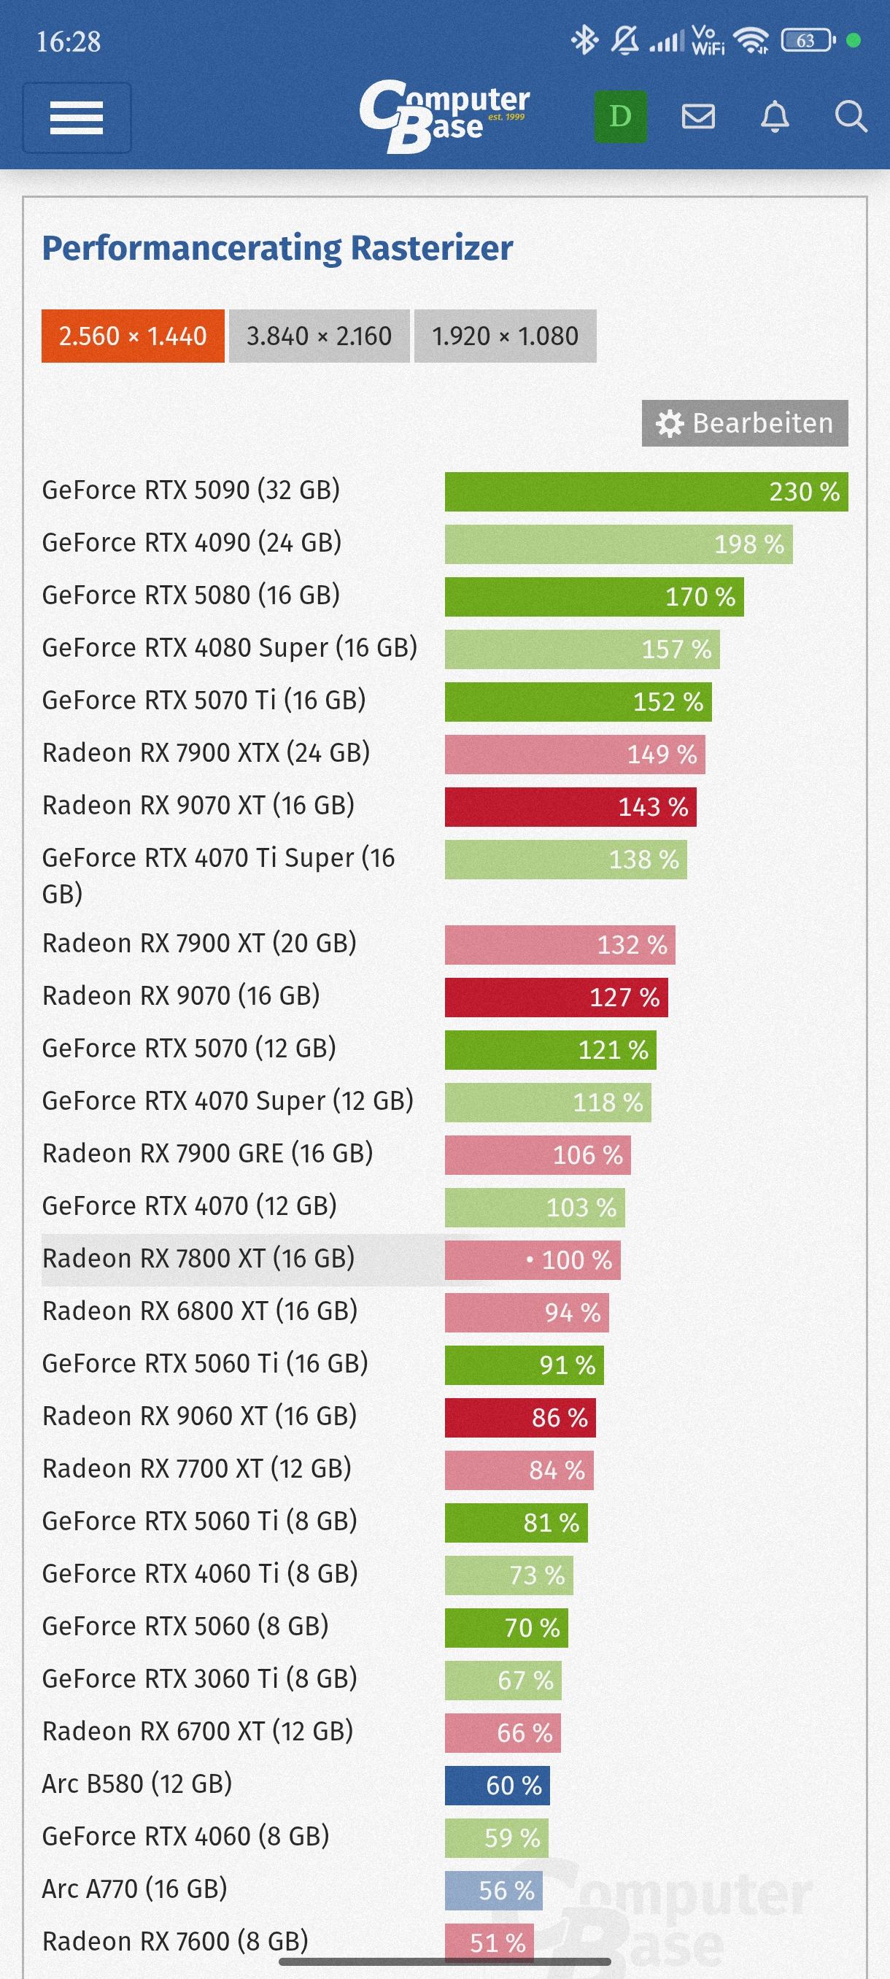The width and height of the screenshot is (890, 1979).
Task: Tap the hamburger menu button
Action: point(77,117)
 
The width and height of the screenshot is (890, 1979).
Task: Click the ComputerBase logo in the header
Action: point(444,116)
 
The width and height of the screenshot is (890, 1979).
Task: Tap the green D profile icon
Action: point(619,117)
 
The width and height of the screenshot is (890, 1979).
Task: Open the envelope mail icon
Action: point(698,117)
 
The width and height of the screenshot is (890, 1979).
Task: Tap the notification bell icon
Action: point(774,117)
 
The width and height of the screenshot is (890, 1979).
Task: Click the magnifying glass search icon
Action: point(850,117)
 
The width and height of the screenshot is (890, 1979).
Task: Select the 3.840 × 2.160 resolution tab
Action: point(319,336)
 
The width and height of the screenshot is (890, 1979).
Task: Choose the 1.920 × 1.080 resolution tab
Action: point(505,336)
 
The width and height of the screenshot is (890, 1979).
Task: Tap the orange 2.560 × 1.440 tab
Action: point(133,336)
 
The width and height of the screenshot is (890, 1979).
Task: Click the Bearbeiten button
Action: point(745,423)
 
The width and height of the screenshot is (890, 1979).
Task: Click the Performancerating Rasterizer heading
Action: point(277,248)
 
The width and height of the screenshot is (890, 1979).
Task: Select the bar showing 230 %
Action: point(646,492)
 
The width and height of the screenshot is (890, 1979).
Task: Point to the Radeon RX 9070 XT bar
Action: point(570,806)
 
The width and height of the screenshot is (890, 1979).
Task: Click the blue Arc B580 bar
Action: point(497,1786)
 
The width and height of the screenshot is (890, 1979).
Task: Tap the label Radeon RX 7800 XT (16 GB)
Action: point(198,1258)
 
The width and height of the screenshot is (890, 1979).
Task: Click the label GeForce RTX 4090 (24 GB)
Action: point(191,542)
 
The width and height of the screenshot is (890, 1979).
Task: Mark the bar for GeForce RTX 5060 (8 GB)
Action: point(506,1628)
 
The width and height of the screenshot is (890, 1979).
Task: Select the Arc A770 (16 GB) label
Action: point(134,1889)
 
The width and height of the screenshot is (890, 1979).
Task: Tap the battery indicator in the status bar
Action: point(806,40)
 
